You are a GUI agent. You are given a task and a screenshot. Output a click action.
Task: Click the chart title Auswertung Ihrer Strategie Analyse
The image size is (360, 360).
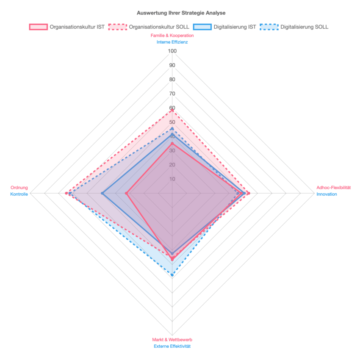pos(181,13)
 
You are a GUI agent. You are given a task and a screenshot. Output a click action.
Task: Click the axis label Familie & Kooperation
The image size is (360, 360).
pos(172,36)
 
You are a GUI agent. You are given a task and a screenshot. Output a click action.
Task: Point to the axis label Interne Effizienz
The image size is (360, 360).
pos(172,42)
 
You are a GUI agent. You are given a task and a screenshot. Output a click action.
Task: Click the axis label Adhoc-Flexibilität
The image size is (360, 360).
pos(334,188)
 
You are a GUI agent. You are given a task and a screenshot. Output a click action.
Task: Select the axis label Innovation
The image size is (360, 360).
pos(327,194)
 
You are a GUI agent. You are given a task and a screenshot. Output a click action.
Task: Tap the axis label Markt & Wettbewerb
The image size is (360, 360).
pos(172,340)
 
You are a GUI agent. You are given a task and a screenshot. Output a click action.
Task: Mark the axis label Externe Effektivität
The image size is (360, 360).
pos(172,346)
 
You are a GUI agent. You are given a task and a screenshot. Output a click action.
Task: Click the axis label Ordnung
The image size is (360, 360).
pos(19,188)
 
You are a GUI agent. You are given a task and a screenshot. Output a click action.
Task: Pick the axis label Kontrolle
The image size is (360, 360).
pos(19,194)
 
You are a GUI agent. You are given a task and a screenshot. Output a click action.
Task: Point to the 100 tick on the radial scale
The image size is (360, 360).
pos(172,51)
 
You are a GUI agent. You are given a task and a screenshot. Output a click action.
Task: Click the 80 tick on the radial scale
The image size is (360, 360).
pos(172,80)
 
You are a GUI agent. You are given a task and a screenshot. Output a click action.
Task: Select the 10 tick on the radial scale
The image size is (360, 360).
pos(172,179)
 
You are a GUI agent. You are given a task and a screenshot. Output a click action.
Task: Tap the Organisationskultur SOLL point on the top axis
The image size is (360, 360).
pos(172,111)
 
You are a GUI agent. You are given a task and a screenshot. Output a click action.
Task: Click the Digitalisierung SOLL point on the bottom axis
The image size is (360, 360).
pos(172,275)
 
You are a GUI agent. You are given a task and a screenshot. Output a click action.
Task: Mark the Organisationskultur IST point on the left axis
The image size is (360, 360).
pos(127,193)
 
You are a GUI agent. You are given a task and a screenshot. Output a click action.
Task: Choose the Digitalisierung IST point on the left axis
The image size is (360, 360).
pos(102,193)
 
